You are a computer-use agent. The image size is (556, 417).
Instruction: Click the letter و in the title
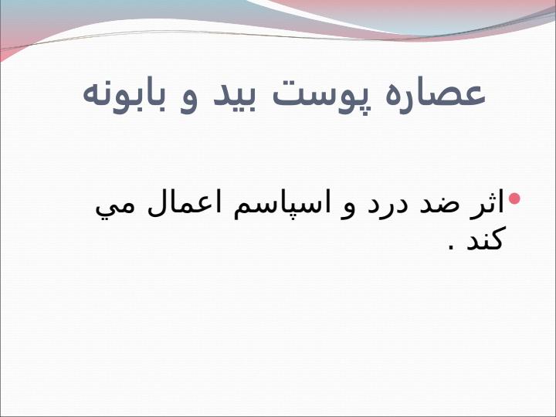(x=188, y=101)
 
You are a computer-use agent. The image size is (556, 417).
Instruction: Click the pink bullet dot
(x=514, y=198)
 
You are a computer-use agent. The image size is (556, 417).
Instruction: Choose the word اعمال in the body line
(x=185, y=202)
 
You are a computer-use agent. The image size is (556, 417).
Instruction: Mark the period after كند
(x=452, y=247)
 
